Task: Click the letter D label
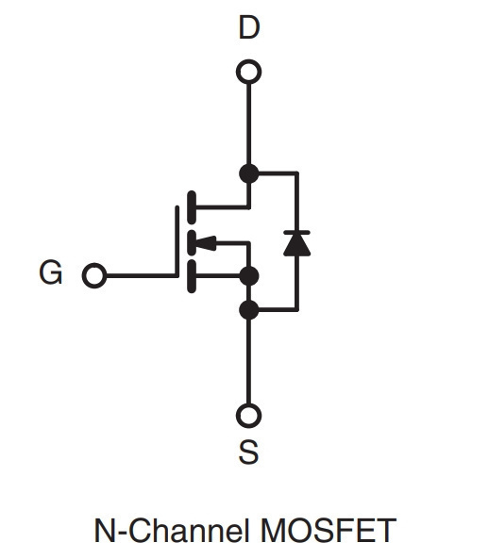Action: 249,27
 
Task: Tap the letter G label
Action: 51,272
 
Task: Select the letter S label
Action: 248,452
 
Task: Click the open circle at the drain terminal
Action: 249,72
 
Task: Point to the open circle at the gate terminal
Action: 94,275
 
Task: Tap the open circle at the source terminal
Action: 249,416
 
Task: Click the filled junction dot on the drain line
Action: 249,173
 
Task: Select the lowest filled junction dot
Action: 249,310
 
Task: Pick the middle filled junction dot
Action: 249,276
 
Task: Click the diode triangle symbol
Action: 296,245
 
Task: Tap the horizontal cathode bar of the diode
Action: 296,233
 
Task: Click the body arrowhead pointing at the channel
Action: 206,243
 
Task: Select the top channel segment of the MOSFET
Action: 192,207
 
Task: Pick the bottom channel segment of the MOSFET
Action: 192,276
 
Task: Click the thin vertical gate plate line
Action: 177,241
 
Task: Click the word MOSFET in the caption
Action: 329,531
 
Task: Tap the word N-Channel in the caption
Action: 172,531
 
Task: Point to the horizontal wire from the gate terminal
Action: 141,275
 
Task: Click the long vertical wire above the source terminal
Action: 249,361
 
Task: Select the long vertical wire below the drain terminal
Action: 249,123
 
